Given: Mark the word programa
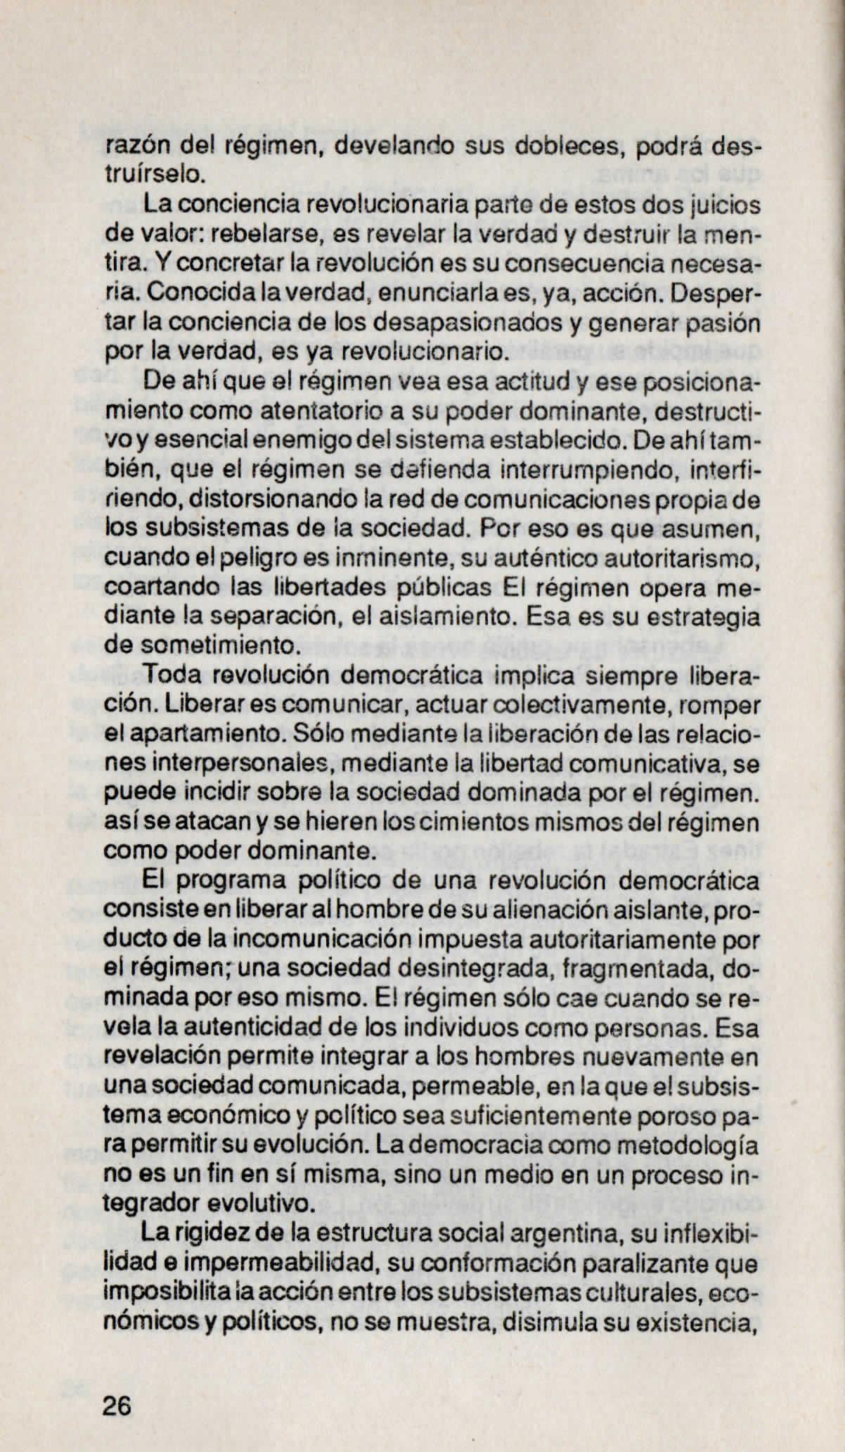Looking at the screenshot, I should pyautogui.click(x=228, y=881).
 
